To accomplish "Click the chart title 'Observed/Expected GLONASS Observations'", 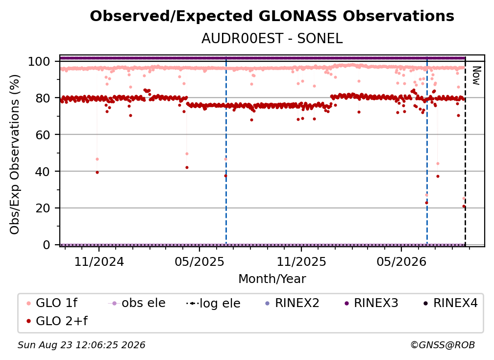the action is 272,16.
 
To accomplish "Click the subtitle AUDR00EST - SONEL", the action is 272,38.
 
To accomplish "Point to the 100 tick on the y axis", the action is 39,61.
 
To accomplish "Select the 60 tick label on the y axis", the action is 43,135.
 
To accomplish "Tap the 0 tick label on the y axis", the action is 47,245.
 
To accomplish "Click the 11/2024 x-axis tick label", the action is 99,261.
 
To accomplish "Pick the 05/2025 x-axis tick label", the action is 199,261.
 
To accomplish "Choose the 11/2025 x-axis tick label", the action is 301,261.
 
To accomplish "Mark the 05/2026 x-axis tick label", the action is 401,261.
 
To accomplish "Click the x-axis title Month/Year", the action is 272,279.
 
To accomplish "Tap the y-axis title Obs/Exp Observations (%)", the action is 15,154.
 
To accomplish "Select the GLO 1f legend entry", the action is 52,303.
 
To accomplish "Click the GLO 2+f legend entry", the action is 57,321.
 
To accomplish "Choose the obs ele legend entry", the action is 137,303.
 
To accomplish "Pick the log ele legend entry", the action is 213,304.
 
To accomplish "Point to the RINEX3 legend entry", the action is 371,303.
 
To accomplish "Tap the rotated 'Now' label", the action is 476,76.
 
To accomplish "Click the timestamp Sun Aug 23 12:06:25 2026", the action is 81,345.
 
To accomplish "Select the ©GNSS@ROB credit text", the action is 443,345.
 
